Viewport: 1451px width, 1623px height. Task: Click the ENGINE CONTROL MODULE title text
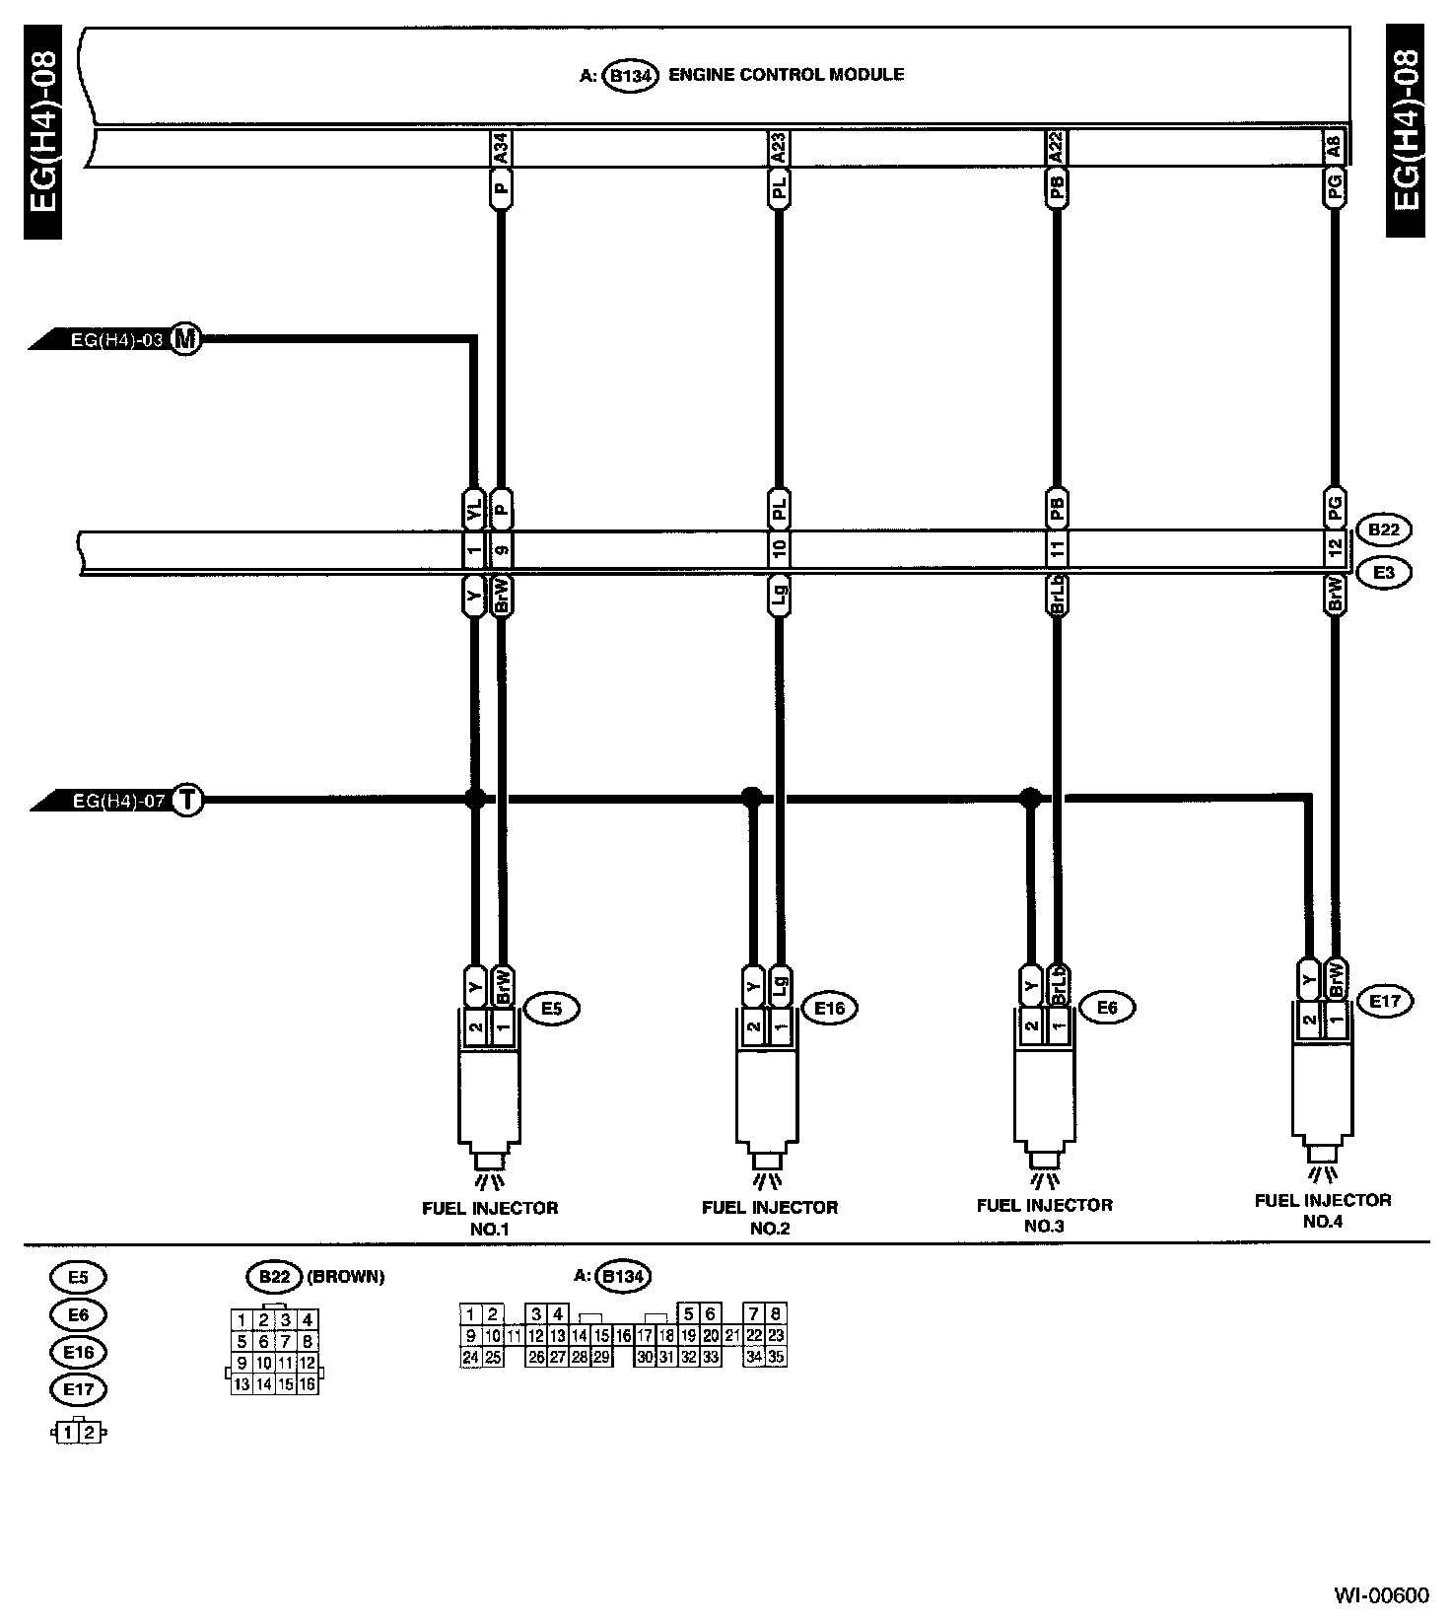(786, 74)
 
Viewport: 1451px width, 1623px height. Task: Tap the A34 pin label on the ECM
(501, 149)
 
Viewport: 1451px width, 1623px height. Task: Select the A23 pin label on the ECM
(779, 149)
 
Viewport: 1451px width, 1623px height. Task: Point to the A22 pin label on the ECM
(1057, 149)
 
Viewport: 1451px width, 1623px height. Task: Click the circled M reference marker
(184, 340)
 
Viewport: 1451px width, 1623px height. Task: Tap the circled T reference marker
(186, 801)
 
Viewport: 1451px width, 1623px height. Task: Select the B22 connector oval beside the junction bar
(1383, 529)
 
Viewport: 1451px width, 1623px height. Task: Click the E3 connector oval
(1383, 572)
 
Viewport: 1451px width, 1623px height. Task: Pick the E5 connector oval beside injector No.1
(551, 1008)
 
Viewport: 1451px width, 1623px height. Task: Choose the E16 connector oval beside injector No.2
(829, 1008)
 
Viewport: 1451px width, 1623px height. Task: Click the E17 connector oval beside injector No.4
(1385, 1001)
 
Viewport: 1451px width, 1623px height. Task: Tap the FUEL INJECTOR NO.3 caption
(1044, 1215)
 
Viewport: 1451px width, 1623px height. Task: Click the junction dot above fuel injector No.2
(751, 795)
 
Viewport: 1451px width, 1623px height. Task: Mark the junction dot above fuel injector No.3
(1030, 795)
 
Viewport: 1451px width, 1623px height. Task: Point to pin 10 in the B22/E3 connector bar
(779, 548)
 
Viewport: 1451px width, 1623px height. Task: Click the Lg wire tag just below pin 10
(779, 596)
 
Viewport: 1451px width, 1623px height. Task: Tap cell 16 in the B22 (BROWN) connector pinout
(308, 1384)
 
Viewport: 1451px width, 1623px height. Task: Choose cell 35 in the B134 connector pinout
(776, 1357)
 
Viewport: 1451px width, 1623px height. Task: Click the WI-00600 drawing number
(1381, 1595)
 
